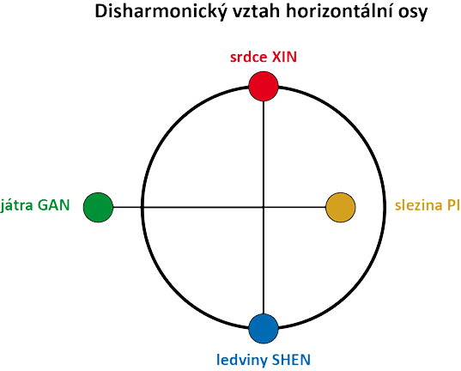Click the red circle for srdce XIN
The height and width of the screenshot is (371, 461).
coord(264,86)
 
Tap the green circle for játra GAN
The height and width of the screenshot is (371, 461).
coord(98,208)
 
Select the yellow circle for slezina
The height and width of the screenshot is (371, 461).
coord(341,208)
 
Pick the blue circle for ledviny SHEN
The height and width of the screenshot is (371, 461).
coord(264,329)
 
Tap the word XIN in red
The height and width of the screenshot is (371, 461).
coord(285,57)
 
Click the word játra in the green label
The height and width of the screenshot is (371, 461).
coord(16,205)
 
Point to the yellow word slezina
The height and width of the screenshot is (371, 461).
coord(419,205)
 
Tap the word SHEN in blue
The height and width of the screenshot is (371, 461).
coord(291,360)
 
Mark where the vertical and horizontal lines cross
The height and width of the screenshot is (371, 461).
coord(264,208)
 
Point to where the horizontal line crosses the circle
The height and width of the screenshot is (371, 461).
coord(143,208)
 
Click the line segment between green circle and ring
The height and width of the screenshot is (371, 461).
coord(127,208)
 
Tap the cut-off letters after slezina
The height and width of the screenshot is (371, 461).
coord(454,205)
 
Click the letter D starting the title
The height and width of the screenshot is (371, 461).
coord(100,12)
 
